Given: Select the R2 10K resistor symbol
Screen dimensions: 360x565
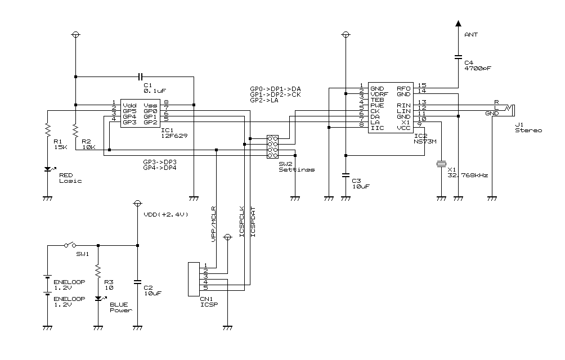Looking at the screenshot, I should (x=75, y=130).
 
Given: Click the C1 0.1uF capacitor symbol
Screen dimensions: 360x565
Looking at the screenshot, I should (x=140, y=76).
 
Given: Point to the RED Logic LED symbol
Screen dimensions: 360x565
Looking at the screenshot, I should (x=48, y=169).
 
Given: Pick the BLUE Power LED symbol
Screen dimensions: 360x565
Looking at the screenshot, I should (x=98, y=299).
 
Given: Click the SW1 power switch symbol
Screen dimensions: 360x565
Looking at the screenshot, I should (x=70, y=245).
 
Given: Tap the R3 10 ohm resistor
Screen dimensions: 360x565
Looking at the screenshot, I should (x=98, y=272).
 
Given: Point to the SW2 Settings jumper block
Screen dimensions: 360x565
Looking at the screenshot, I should (x=272, y=146).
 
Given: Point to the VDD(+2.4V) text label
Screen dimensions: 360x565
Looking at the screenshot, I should (x=165, y=214).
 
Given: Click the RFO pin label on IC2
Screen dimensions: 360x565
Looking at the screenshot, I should (x=403, y=88).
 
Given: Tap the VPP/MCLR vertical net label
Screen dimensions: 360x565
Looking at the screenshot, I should (x=214, y=225).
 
